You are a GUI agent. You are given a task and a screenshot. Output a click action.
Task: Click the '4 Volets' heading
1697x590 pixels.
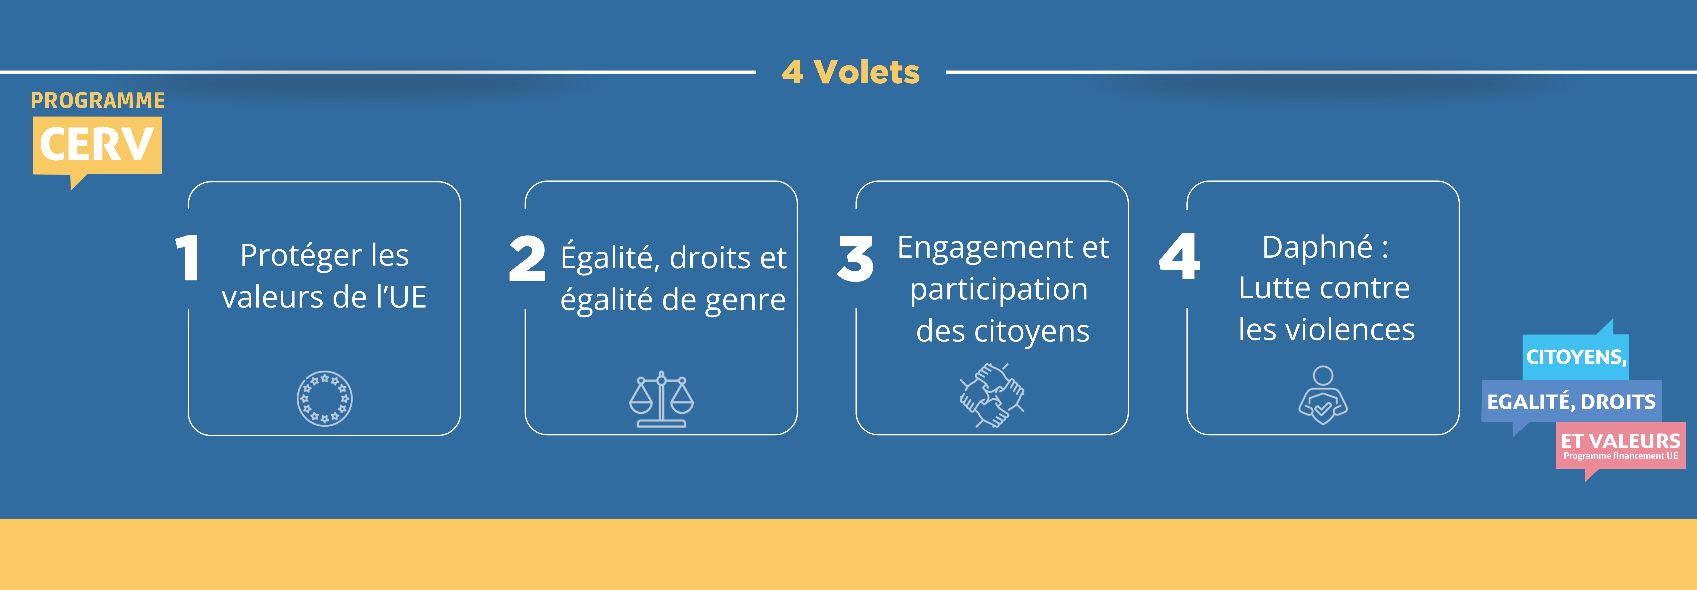tap(850, 72)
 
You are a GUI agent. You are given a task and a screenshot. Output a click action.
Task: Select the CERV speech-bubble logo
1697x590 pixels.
tap(97, 151)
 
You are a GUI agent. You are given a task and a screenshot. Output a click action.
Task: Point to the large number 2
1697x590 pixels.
tap(527, 258)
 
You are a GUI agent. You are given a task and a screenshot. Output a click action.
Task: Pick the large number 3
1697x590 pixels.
tap(855, 258)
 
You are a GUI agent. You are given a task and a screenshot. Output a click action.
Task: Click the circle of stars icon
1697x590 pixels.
tap(324, 398)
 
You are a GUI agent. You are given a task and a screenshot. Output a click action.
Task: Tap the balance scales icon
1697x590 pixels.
tap(661, 399)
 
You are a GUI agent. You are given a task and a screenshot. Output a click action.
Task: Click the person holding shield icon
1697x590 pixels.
tap(1323, 395)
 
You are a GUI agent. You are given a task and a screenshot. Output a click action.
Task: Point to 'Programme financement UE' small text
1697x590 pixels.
tap(1621, 456)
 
